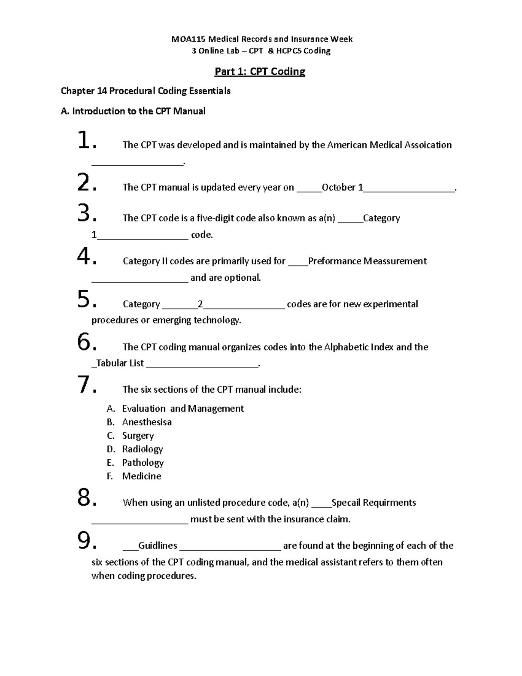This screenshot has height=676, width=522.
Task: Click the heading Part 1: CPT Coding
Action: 260,71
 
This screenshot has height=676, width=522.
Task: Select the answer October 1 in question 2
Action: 342,188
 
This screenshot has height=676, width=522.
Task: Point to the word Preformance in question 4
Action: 335,261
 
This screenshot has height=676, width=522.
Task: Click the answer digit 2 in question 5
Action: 200,304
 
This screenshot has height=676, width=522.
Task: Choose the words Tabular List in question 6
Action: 120,363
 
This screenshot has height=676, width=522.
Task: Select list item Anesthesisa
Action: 147,422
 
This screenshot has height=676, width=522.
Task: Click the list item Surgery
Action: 137,436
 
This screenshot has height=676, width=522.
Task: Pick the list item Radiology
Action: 142,449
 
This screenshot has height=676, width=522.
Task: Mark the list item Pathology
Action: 143,463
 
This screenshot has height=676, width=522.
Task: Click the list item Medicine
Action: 141,476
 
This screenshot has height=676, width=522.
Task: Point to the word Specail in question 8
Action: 346,503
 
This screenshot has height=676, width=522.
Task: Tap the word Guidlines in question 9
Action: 157,546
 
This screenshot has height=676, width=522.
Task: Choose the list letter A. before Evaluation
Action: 110,409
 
